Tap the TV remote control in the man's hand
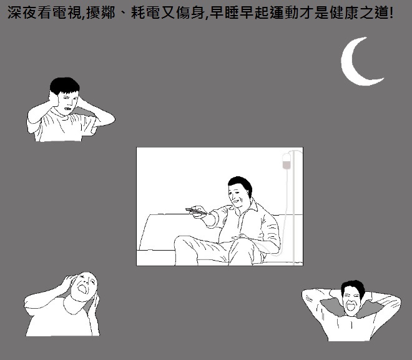(x=196, y=211)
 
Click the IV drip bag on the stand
(x=287, y=161)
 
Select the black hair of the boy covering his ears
(x=65, y=85)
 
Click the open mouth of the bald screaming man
(x=82, y=288)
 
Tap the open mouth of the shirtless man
(x=351, y=307)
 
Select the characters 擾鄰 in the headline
(x=101, y=12)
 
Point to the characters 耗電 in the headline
(x=145, y=12)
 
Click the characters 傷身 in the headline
(x=190, y=12)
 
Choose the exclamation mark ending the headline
(x=391, y=12)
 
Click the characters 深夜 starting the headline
(x=22, y=12)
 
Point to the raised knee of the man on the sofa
(x=184, y=241)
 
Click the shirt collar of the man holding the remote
(x=250, y=207)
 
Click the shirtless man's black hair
(x=353, y=286)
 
